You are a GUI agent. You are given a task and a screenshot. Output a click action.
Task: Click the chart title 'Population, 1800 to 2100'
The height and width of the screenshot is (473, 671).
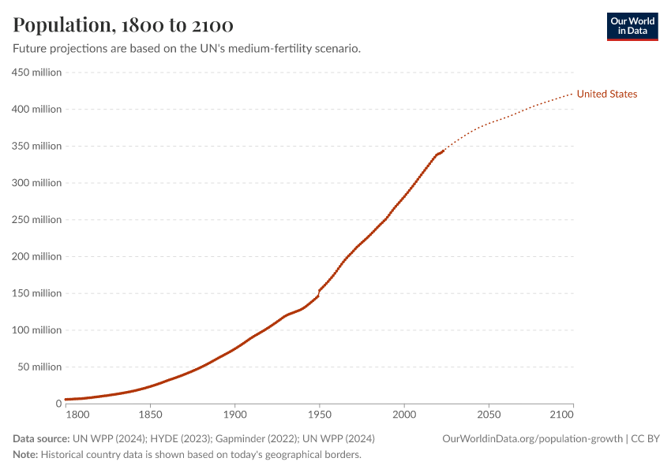122,24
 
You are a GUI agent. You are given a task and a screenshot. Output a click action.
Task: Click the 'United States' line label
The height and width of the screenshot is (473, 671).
606,94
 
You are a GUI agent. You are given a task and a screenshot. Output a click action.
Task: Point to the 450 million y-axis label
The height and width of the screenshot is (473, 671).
36,73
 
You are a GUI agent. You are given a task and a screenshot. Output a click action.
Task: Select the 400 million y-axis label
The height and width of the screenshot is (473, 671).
36,109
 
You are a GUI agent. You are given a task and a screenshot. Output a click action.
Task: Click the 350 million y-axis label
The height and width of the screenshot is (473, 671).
36,146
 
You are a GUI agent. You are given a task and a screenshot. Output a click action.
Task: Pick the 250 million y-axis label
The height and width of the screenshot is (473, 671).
36,219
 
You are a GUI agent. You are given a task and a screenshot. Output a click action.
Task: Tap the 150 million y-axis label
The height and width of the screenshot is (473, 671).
36,293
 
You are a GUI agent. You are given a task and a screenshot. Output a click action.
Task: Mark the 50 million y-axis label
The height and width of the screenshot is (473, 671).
39,367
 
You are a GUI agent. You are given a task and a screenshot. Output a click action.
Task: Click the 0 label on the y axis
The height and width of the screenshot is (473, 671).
58,404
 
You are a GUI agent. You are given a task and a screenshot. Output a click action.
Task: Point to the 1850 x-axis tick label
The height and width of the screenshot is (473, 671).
149,414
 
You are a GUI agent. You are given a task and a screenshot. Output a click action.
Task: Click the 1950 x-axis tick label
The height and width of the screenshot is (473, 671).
319,414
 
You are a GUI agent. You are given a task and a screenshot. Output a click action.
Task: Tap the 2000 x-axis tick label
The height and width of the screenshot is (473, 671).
404,414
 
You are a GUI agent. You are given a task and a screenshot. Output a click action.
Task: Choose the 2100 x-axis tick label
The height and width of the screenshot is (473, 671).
560,414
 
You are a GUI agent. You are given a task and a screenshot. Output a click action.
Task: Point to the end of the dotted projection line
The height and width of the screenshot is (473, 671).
572,94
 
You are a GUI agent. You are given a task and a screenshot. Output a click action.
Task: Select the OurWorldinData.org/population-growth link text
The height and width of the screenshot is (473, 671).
532,438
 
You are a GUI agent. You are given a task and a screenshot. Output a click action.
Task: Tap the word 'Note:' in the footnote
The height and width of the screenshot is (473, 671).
25,455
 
